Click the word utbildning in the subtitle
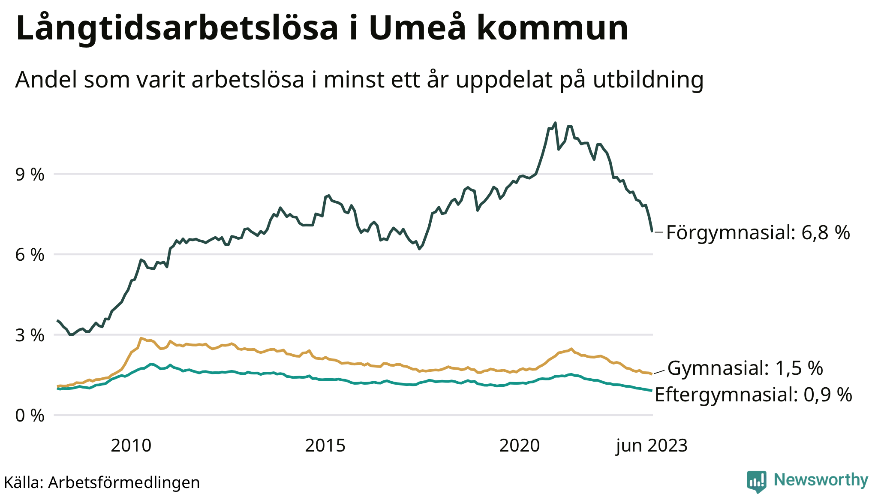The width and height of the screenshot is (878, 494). pos(648,80)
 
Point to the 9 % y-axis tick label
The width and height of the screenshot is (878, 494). pos(30,175)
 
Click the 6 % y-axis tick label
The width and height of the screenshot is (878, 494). pos(30,255)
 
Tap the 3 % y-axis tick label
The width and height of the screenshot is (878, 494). pos(30,335)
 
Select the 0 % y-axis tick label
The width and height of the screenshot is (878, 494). pos(30,416)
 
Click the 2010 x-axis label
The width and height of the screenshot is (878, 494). pos(131,446)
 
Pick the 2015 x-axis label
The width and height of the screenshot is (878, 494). pos(325,446)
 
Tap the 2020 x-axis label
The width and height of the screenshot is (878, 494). pos(519,446)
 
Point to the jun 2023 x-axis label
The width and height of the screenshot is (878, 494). pos(652,446)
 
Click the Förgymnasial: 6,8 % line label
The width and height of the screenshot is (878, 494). pos(758,233)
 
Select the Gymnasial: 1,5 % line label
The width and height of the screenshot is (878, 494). pos(745,368)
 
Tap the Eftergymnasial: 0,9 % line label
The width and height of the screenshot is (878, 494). pos(753,395)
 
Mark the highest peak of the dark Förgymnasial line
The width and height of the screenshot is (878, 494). pos(555,123)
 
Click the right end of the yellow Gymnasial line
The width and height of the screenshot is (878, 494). pos(652,374)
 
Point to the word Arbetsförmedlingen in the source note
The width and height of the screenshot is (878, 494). pos(124,482)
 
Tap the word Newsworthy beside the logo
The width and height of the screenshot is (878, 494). pos(821,480)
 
